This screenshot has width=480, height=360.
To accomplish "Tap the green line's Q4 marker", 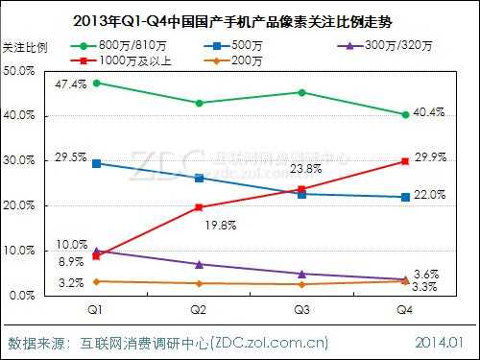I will click(x=405, y=114).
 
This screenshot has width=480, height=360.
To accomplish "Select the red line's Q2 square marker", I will click(x=200, y=207).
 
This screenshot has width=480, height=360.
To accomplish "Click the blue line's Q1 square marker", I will click(x=96, y=163).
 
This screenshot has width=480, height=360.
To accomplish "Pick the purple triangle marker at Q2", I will click(x=200, y=264).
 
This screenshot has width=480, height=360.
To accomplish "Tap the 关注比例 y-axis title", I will click(x=26, y=46).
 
